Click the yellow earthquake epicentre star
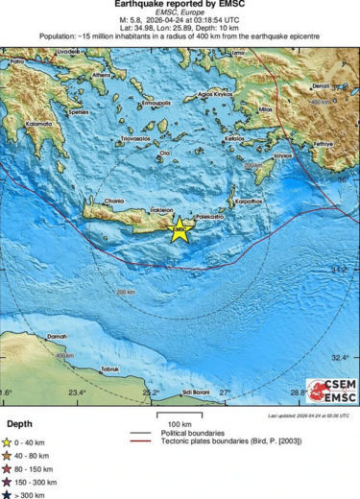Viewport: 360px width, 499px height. (x=179, y=228)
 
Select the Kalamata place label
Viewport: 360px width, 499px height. (x=40, y=124)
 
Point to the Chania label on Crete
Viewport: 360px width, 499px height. (x=114, y=201)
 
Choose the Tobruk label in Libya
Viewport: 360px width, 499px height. (x=109, y=369)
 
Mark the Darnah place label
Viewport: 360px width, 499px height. (x=59, y=337)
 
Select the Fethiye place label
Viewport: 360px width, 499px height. (x=323, y=143)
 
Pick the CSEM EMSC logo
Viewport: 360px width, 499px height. (x=331, y=391)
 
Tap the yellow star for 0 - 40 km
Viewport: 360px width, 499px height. (x=9, y=442)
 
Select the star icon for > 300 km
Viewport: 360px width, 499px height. (x=9, y=494)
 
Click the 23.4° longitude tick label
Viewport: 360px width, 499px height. (x=77, y=392)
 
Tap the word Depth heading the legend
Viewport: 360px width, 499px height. (x=19, y=423)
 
